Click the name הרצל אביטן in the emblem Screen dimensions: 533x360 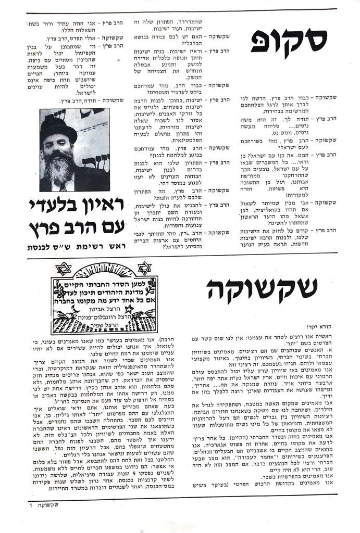[x=103, y=309]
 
